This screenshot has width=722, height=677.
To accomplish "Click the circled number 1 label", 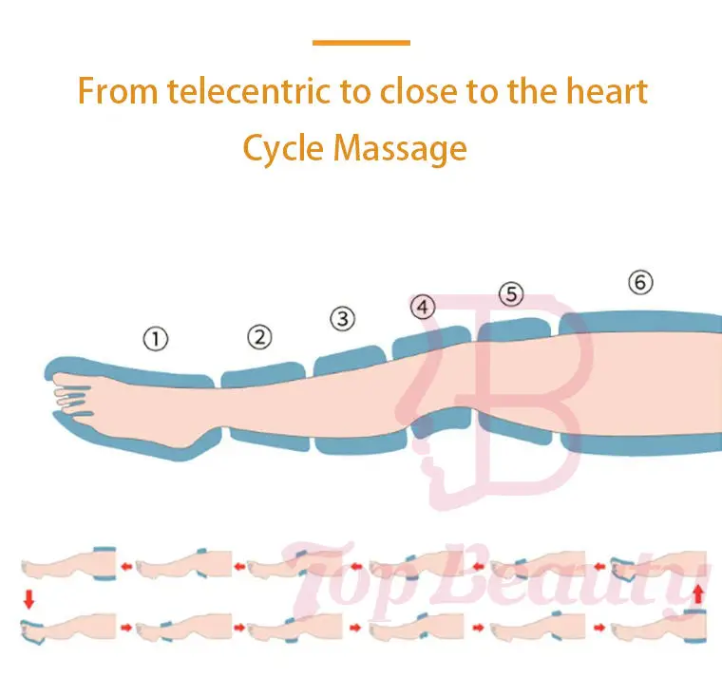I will pos(155,338).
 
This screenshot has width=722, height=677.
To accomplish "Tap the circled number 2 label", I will pos(259,336).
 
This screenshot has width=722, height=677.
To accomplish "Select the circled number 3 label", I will pos(341,319).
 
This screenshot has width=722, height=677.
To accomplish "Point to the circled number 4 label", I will pos(422,308).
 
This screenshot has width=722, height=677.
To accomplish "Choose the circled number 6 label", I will pos(641,282).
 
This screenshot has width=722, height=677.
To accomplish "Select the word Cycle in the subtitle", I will pos(280,148).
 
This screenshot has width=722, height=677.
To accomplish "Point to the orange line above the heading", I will pos(361,43).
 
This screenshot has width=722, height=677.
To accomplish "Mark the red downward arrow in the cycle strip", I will pos(28,598).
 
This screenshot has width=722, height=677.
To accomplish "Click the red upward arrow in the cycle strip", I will pos(699,596).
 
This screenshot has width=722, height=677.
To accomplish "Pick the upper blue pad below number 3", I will pos(351,360).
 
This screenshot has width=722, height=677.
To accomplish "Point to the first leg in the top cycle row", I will pos(66,567).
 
